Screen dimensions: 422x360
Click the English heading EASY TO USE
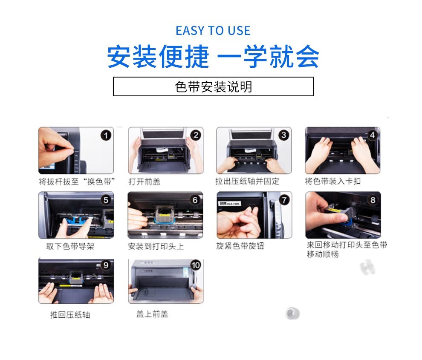213,31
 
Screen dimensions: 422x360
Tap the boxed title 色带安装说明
214,86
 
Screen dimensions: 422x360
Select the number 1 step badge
106,135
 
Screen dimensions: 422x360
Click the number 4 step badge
372,135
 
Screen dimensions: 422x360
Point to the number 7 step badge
284,200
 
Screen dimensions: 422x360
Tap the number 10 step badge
196,265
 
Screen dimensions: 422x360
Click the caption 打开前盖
144,181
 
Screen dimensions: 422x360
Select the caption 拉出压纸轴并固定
247,181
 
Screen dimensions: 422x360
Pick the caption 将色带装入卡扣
332,181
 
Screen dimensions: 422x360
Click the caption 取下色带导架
70,246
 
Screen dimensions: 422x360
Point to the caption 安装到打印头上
156,246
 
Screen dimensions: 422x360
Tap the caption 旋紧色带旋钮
240,246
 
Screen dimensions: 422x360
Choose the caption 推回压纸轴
70,315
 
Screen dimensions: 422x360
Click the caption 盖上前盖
152,314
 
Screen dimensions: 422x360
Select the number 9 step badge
106,265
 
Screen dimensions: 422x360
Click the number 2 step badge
196,135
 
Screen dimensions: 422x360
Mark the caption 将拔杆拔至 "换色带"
77,181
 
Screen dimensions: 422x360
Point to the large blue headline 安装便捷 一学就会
213,57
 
